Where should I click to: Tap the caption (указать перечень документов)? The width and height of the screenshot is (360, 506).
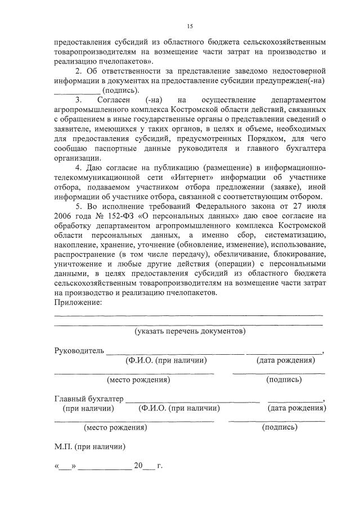[190, 332]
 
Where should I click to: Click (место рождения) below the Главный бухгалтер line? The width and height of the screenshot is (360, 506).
[115, 427]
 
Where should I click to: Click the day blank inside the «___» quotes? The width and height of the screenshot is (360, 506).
[65, 466]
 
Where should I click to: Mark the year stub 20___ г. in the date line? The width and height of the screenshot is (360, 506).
[147, 466]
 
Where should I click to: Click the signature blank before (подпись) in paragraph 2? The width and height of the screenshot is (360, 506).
[76, 90]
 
